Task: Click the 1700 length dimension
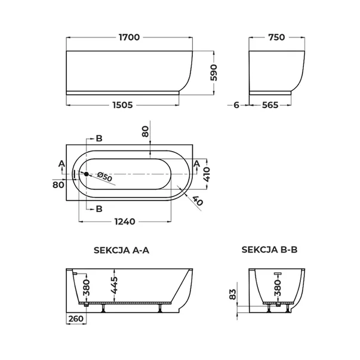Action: [x=130, y=37]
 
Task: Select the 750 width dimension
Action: [x=276, y=37]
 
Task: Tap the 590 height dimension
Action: [x=214, y=73]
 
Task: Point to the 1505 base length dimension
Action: [x=123, y=105]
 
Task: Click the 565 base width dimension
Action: [x=270, y=105]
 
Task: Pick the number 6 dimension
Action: [x=236, y=105]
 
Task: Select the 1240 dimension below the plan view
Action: [x=125, y=221]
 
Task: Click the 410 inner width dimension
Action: [x=207, y=174]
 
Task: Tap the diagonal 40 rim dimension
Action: [x=198, y=201]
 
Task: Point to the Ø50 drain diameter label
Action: [x=104, y=177]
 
